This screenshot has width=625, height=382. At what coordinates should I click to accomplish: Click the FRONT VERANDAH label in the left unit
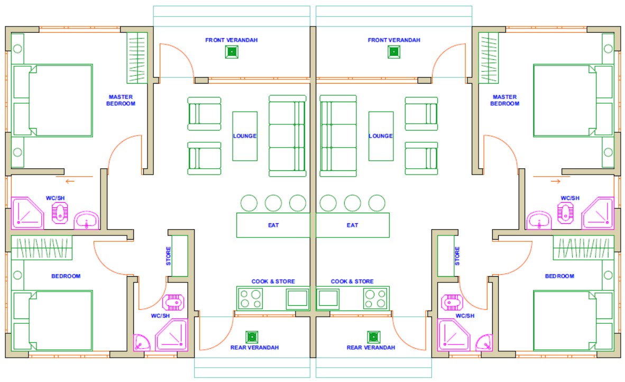[x=231, y=40]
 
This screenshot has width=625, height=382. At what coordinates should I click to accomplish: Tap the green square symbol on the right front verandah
[x=394, y=52]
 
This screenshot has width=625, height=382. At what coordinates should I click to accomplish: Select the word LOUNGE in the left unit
[x=245, y=136]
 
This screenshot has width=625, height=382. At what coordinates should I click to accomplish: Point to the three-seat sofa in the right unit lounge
[x=338, y=135]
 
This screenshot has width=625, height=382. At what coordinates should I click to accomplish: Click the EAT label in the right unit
[x=352, y=225]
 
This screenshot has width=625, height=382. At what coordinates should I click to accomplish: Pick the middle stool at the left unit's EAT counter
[x=273, y=203]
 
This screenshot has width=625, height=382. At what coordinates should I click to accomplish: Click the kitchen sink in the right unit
[x=328, y=298]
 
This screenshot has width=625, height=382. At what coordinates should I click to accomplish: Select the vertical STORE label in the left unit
[x=168, y=256]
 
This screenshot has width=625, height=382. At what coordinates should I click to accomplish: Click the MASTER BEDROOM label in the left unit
[x=121, y=100]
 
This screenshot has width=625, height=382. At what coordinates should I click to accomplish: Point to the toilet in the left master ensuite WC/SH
[x=60, y=213]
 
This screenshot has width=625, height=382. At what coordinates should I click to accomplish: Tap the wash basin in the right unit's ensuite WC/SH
[x=539, y=221]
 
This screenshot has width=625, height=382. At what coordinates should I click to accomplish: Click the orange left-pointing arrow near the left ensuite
[x=70, y=181]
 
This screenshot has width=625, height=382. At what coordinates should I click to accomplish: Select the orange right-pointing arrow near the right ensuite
[x=556, y=181]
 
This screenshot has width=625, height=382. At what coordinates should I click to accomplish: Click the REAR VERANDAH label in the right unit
[x=371, y=347]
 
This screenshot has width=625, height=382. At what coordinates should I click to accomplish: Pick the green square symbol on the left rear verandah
[x=252, y=337]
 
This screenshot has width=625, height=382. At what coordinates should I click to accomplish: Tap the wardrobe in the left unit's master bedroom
[x=137, y=58]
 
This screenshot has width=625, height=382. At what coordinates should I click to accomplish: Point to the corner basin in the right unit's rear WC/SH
[x=484, y=343]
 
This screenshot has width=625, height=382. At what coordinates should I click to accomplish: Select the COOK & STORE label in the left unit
[x=273, y=281]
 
